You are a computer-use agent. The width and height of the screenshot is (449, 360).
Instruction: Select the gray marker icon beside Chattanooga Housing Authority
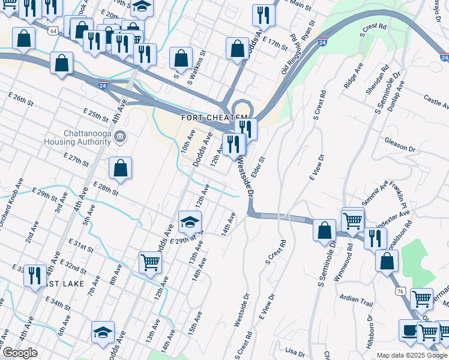coord(120,137)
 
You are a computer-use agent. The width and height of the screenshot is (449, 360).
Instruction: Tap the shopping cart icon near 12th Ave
coord(149,262)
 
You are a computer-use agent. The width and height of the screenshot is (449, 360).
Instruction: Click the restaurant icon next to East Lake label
coord(35,275)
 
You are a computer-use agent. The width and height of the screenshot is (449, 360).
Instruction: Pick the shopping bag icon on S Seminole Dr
coord(324,230)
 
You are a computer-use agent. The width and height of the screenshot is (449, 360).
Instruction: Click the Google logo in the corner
coord(20,353)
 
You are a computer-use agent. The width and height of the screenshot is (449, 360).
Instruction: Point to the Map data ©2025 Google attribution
coord(412,355)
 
